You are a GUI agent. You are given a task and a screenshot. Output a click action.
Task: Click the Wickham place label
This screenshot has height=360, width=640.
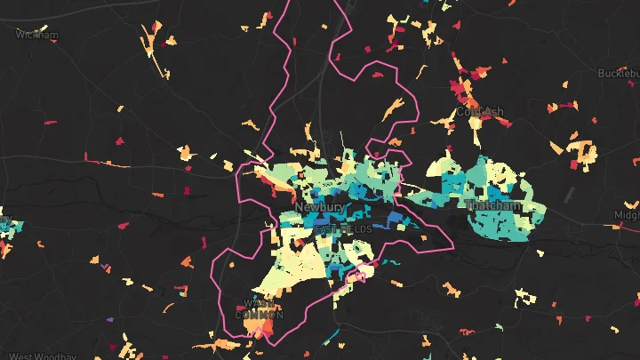[x=37, y=36]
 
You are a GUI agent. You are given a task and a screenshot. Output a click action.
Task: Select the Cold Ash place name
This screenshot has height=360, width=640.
[x=480, y=112]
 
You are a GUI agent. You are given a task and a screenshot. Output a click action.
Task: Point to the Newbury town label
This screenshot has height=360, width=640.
[x=318, y=207]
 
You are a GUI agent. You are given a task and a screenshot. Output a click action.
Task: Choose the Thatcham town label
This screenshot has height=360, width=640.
[x=493, y=206]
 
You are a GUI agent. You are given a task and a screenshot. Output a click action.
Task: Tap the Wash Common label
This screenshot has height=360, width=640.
[x=259, y=309]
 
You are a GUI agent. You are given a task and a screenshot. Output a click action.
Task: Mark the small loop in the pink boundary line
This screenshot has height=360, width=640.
[x=364, y=275]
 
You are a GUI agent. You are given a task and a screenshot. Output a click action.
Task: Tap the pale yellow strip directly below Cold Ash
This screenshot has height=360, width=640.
[x=476, y=132]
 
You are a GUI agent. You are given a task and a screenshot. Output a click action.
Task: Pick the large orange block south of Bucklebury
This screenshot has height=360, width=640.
[x=582, y=153]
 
